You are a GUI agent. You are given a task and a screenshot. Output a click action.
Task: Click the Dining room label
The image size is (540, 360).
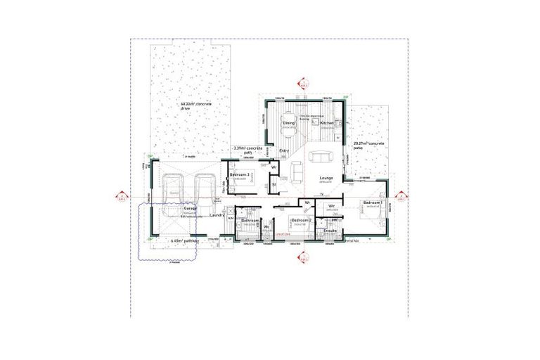tap(289, 123)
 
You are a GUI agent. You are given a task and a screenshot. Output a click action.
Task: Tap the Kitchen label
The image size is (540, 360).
tap(327, 123)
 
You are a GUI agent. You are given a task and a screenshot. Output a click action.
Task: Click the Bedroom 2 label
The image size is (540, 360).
tap(302, 220)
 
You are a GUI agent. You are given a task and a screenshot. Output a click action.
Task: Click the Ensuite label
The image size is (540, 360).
tap(330, 230)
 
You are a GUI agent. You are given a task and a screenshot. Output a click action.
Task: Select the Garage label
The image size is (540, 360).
tap(190, 209)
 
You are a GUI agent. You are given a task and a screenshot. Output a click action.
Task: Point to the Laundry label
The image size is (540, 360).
tap(217, 215)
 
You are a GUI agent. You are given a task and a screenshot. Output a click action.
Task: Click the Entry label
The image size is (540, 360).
tap(284, 151)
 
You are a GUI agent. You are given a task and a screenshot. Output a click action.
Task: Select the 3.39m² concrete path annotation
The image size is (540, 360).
tap(247, 150)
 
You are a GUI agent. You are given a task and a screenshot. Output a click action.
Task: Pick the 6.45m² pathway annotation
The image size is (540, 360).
tap(186, 240)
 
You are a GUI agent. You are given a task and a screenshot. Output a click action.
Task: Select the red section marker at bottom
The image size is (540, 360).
tap(304, 259)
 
